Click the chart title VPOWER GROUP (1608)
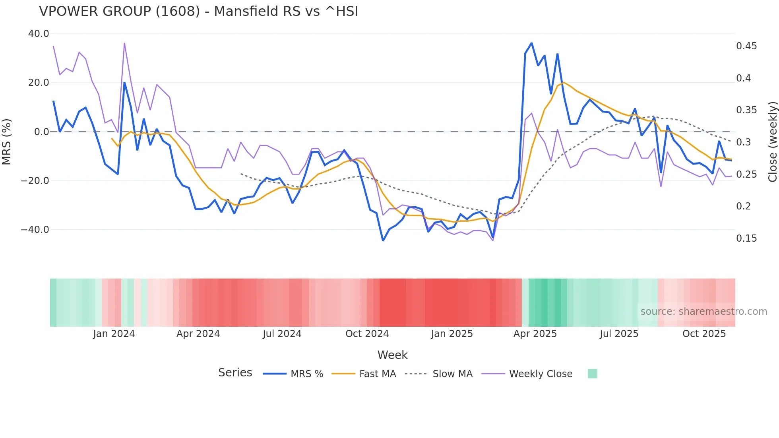pos(198,12)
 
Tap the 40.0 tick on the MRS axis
pos(39,34)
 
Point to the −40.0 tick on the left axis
pos(35,230)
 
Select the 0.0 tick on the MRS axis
pos(42,132)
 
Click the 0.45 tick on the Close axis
pos(746,46)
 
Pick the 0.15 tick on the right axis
pos(746,238)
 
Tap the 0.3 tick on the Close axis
pos(744,142)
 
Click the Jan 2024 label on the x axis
pos(114,334)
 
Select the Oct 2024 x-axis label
pos(367,334)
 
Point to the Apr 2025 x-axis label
pos(535,334)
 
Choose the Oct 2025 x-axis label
pos(704,334)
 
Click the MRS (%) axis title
pos(7,141)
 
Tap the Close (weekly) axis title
pos(772,141)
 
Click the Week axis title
pos(392,355)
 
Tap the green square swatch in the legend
pos(592,374)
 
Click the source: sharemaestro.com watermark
pos(703,312)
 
